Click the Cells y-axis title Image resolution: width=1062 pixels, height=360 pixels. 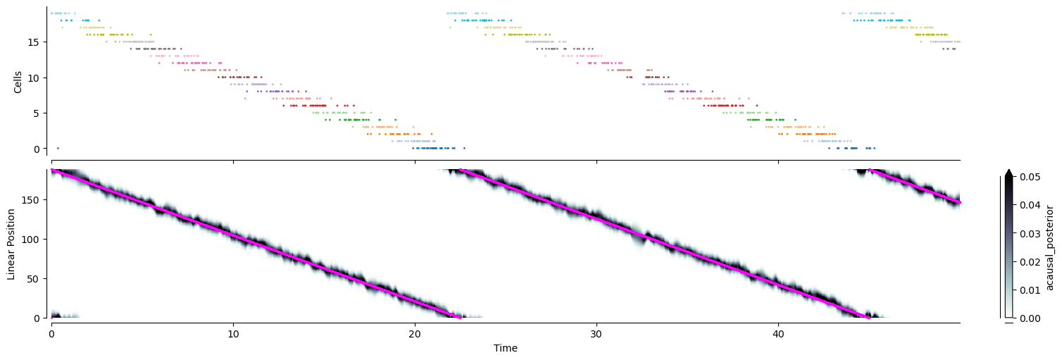[x=18, y=82]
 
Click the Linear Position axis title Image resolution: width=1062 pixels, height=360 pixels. [x=11, y=244]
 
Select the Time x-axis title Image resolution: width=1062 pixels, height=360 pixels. [x=506, y=348]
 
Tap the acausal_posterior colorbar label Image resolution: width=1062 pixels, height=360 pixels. [x=1049, y=247]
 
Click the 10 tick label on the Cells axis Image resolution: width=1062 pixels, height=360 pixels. [x=33, y=77]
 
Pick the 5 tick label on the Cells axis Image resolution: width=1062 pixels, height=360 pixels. [x=37, y=113]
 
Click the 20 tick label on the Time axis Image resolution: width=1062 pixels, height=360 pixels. [x=415, y=334]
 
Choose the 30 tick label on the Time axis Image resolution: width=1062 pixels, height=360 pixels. [x=596, y=334]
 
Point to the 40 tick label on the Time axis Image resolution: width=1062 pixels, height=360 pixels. [x=778, y=334]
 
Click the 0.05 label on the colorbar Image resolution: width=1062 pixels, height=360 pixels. [x=1030, y=177]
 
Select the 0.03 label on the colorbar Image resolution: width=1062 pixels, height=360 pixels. [x=1030, y=233]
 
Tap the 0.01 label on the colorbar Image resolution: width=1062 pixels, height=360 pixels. [x=1030, y=290]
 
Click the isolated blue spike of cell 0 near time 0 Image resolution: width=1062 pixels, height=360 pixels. [x=58, y=149]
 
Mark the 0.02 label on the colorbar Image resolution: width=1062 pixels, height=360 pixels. [x=1030, y=262]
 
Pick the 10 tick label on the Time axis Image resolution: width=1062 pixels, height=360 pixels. [x=233, y=334]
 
